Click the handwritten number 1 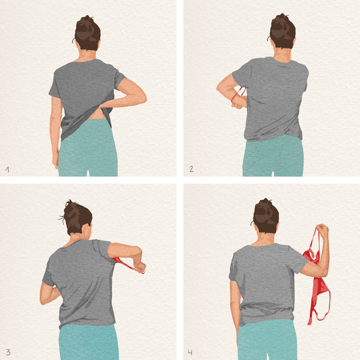(x=7, y=169)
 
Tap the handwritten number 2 (x=191, y=169)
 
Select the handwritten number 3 (x=8, y=352)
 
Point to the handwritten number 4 (x=190, y=352)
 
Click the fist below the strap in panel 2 (x=237, y=105)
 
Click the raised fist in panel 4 (x=322, y=230)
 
